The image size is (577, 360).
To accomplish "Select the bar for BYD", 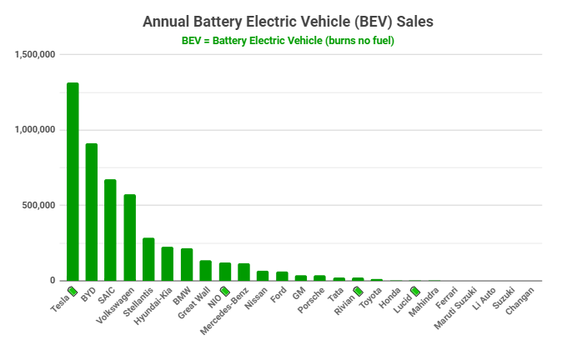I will [x=92, y=212].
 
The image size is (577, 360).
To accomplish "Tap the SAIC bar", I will [x=110, y=230].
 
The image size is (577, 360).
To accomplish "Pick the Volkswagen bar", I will [x=130, y=237].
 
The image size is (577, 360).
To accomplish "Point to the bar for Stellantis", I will [x=148, y=259].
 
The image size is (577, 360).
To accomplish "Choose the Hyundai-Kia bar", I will [x=168, y=263].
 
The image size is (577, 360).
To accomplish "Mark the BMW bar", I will [x=187, y=264].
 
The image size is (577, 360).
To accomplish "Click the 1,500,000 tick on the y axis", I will [x=35, y=55].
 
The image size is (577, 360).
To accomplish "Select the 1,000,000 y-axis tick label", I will [x=35, y=130].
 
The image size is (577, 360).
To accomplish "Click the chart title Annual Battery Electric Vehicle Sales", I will [x=288, y=20].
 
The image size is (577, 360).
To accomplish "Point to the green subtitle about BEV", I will [x=288, y=40].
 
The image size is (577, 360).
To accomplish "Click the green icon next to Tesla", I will [x=73, y=292].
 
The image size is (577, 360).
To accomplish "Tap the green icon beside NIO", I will [x=224, y=292].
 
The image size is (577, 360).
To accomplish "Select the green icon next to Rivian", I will [x=359, y=292].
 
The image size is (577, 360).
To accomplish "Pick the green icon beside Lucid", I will [x=415, y=292].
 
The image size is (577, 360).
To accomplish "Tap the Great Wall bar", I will [x=205, y=270].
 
